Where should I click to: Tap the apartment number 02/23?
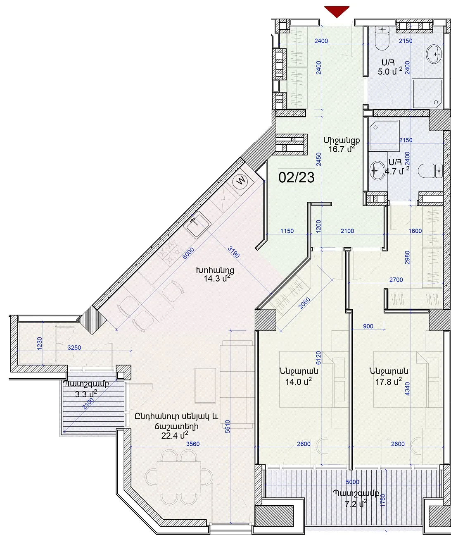click(x=297, y=177)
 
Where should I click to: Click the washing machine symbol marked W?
click(x=240, y=181)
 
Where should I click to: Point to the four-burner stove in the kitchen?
click(x=170, y=253)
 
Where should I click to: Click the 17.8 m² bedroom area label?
click(x=389, y=382)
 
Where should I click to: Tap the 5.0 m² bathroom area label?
click(x=390, y=72)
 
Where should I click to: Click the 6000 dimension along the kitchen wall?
click(x=188, y=253)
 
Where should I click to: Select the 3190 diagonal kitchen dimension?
click(x=234, y=252)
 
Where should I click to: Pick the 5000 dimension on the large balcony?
click(x=352, y=482)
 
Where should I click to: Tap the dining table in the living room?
click(x=179, y=477)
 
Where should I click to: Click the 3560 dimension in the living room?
click(x=193, y=444)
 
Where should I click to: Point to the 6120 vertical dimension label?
click(x=318, y=358)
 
